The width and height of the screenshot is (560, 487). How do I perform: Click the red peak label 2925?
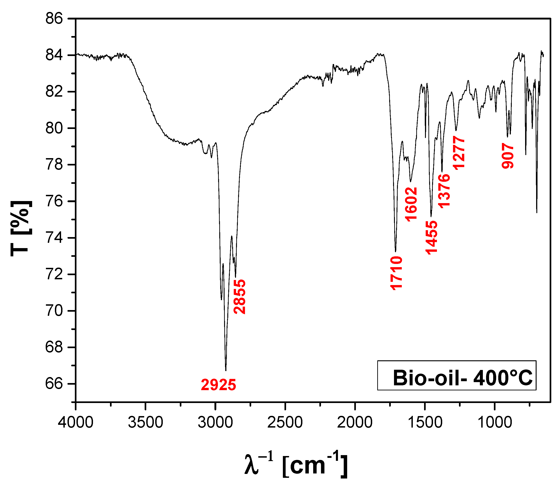coord(218,385)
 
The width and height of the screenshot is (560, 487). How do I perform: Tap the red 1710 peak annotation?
coord(396,273)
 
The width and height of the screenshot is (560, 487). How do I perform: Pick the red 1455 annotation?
coord(431,238)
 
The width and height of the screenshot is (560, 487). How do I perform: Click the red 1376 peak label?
coord(444,191)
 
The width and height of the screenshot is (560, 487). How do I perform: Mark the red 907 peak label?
coord(507,156)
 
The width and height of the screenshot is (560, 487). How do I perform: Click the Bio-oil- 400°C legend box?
coord(456,375)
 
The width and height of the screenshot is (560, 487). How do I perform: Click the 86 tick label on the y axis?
coord(54,19)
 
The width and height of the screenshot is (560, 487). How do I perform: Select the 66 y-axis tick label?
coord(54,384)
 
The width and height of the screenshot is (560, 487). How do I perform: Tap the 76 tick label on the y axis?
coord(54,201)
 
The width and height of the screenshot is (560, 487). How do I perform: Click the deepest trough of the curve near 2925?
coord(226,370)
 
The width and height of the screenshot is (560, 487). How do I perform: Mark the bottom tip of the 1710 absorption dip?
coord(396,251)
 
